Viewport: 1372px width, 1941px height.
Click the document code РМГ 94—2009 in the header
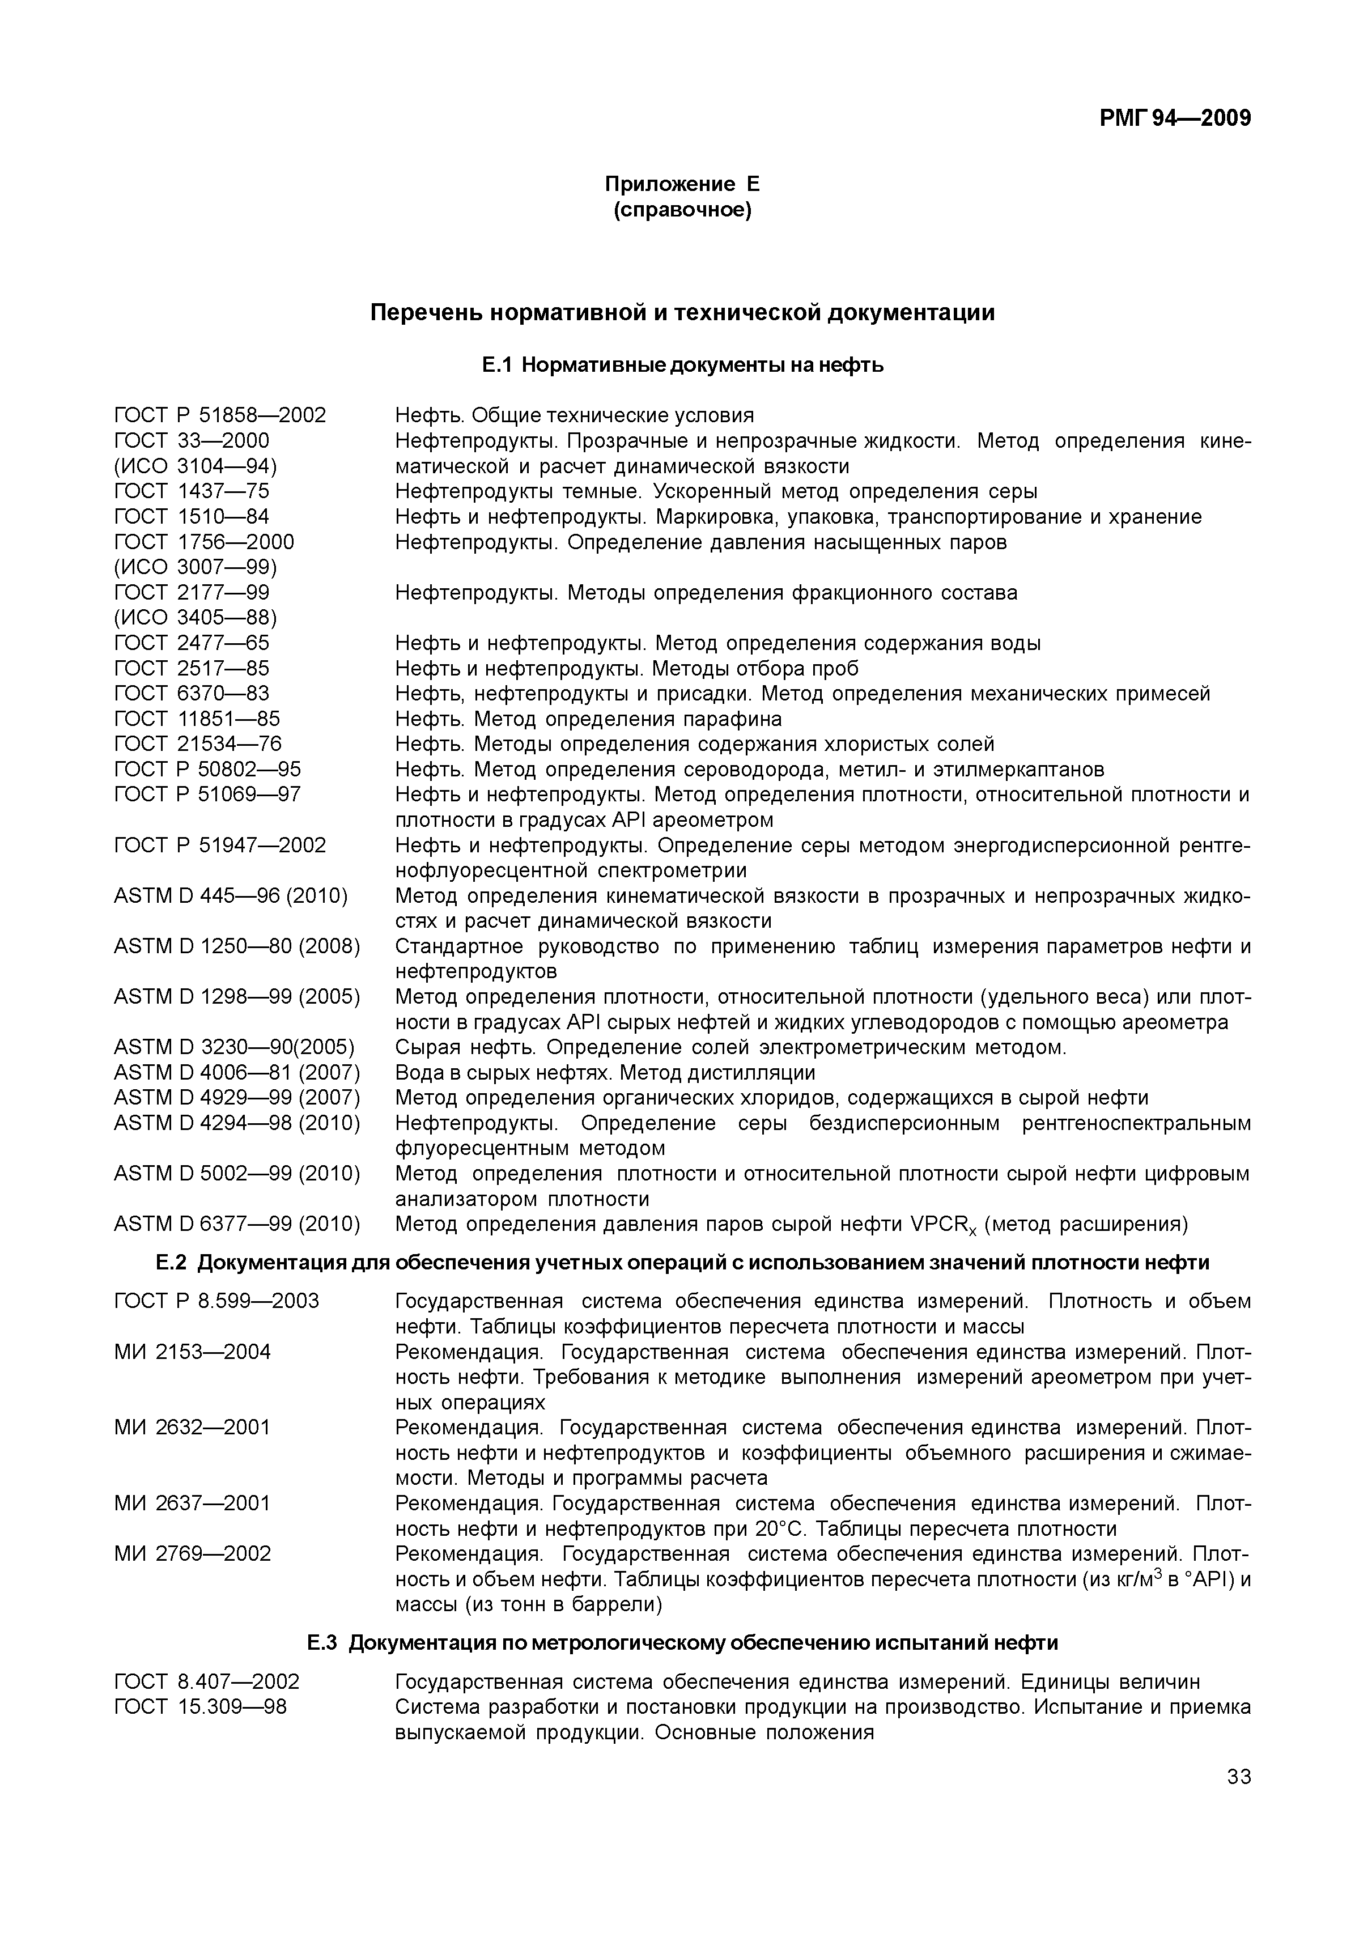coord(1174,117)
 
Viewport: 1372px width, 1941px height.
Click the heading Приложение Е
coord(682,184)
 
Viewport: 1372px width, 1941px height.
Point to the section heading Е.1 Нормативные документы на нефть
coord(682,365)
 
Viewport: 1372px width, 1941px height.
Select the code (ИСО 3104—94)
coord(196,466)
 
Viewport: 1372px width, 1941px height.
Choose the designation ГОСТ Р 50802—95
coord(207,769)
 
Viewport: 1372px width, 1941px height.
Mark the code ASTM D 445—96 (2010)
coord(230,896)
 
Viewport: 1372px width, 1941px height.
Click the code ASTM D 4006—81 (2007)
coord(237,1073)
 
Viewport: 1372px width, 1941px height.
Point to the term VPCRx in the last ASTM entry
coord(942,1226)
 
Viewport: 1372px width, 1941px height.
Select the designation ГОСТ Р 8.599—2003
coord(216,1301)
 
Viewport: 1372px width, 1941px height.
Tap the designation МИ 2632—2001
coord(192,1428)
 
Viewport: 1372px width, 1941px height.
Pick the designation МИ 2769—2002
coord(192,1555)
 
